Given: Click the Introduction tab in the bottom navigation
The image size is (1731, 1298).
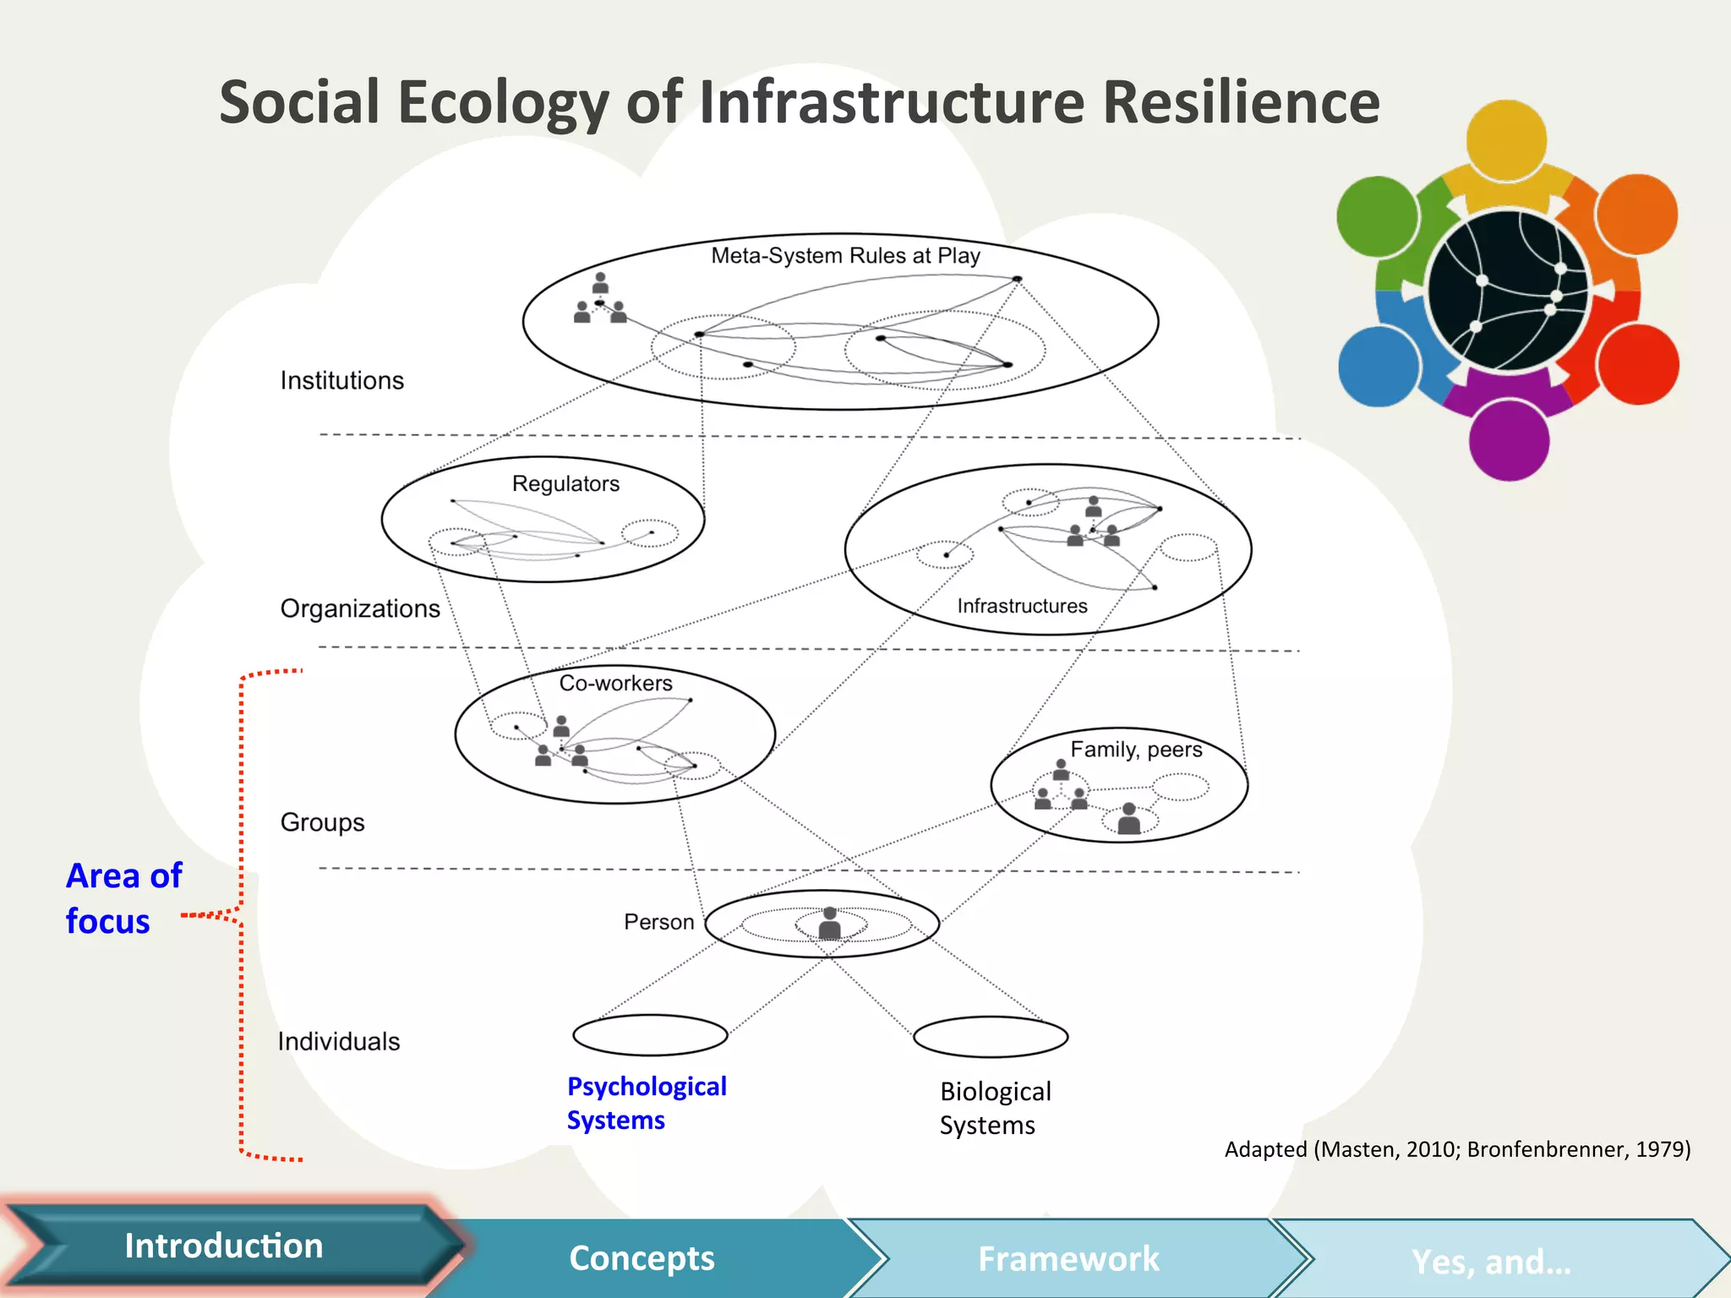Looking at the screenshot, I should [224, 1246].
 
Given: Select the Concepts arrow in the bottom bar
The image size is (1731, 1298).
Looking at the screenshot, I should [642, 1258].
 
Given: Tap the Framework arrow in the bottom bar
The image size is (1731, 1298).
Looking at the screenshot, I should [1068, 1259].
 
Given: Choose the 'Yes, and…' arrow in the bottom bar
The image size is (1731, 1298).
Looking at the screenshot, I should [1491, 1262].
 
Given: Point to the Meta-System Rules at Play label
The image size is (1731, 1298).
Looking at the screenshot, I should [845, 255].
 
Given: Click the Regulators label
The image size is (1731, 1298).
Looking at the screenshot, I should [565, 483].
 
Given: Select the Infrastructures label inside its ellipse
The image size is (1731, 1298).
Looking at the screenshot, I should [1022, 606].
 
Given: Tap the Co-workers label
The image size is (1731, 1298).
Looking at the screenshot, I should [615, 683].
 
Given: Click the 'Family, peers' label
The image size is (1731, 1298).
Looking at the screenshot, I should [1136, 750].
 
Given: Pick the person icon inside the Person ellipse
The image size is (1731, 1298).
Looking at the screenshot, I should [830, 923].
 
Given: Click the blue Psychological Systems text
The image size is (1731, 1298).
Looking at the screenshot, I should [647, 1103].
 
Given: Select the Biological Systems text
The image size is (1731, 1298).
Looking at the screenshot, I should [995, 1108].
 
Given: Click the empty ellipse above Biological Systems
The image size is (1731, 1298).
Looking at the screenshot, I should [991, 1037].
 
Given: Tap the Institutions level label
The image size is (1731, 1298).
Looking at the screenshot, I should [342, 380].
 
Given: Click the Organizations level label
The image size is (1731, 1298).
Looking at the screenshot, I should [360, 608].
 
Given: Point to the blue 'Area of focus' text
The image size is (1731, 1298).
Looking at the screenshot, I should [123, 898].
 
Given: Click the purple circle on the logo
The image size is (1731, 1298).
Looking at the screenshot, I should [1509, 440].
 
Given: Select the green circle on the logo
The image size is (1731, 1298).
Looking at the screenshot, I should [1377, 216].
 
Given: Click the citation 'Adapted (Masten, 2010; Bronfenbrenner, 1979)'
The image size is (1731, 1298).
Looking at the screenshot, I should [1457, 1149].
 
